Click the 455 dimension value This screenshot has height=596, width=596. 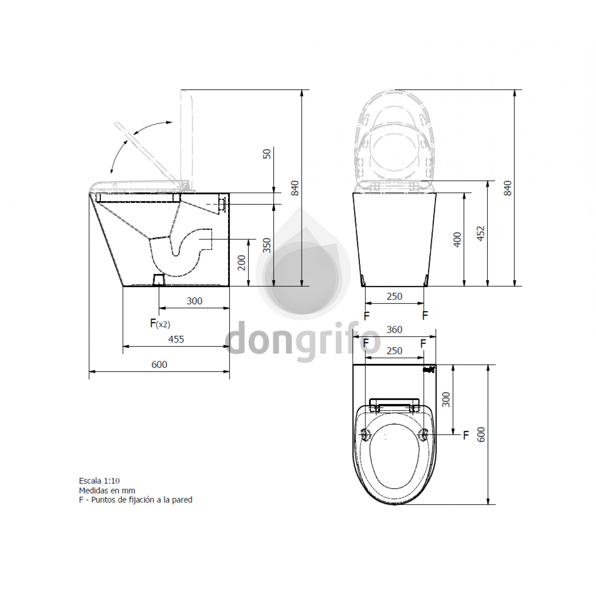coord(176,339)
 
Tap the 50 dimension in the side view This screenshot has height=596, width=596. coord(267,154)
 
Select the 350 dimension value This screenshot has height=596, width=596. coord(267,245)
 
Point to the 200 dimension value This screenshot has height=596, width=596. coord(242,263)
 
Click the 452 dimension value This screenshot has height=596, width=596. coord(481,233)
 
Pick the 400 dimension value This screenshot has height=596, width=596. coord(457,240)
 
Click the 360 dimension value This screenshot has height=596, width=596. coord(394,329)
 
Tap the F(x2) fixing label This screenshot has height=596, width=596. coord(160,323)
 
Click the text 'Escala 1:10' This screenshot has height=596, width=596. coord(99,481)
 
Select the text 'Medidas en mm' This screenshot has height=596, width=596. coord(107,490)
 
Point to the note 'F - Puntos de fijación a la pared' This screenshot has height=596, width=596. coord(135,500)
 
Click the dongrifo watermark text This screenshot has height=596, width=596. coord(302,340)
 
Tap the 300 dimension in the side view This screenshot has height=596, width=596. coord(194,301)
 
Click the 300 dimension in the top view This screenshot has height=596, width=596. coord(446,399)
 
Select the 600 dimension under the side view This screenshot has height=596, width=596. coord(159,364)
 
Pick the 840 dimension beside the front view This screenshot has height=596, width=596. coord(507,188)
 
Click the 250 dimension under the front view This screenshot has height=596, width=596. coord(394,296)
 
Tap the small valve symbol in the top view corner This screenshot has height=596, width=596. coord(429,370)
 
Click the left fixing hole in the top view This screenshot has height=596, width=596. coord(365,435)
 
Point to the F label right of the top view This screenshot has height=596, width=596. coord(466,435)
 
